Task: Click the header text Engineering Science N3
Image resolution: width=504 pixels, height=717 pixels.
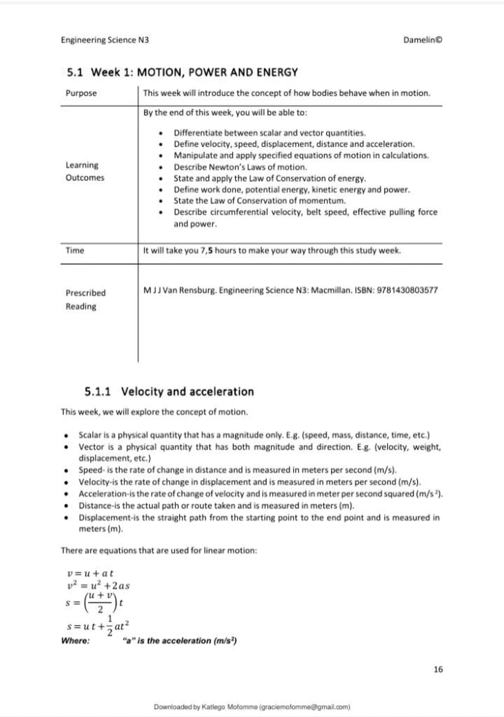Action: coord(105,40)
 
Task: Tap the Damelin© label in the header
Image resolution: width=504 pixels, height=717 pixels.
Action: coord(422,40)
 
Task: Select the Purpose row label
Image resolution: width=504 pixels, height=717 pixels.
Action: coord(81,93)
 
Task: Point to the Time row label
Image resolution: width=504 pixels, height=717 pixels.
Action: coord(75,251)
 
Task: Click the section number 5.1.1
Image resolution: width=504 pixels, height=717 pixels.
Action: coord(97,392)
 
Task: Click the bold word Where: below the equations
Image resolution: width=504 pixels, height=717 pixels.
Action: coord(76,641)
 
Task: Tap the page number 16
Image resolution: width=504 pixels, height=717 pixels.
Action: coord(438,670)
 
